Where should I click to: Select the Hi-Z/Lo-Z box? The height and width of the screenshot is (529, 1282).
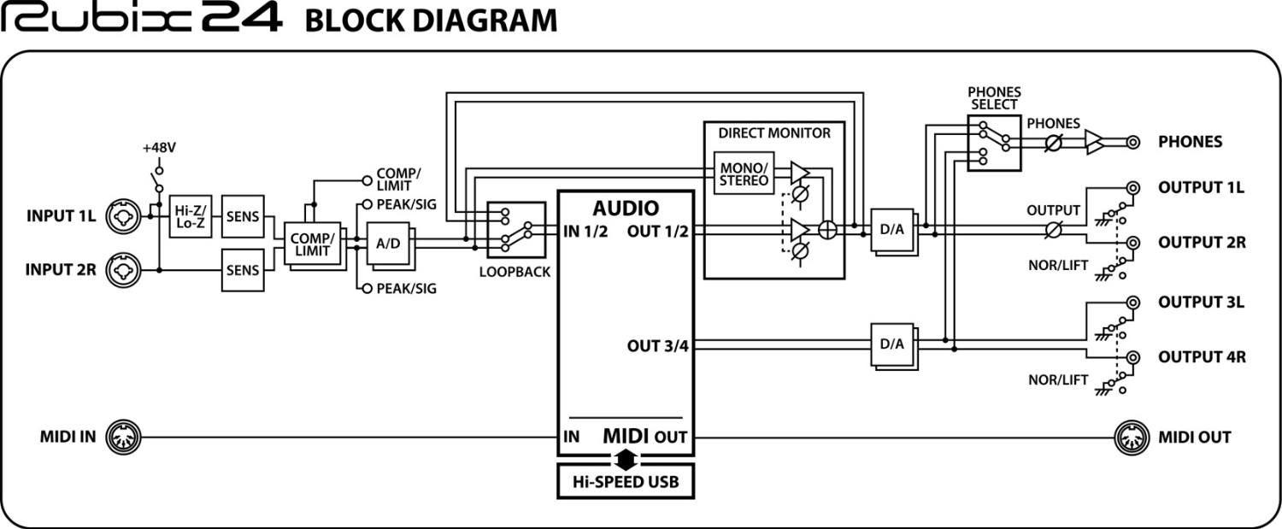pyautogui.click(x=189, y=215)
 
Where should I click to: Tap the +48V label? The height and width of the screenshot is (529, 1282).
pyautogui.click(x=158, y=148)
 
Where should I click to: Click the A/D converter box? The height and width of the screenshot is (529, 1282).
pyautogui.click(x=388, y=244)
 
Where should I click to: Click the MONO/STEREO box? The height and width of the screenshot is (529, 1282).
pyautogui.click(x=741, y=174)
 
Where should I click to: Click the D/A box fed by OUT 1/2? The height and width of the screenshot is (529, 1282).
pyautogui.click(x=892, y=230)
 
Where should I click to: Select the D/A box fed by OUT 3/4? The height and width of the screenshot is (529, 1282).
pyautogui.click(x=892, y=344)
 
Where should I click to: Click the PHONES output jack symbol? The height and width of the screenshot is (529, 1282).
pyautogui.click(x=1133, y=142)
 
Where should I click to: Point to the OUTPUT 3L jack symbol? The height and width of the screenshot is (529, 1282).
pyautogui.click(x=1133, y=303)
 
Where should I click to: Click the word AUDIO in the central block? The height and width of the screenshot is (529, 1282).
pyautogui.click(x=626, y=208)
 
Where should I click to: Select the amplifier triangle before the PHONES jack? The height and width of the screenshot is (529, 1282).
pyautogui.click(x=1095, y=142)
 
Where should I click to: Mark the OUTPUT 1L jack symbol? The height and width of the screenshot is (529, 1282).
pyautogui.click(x=1133, y=188)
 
